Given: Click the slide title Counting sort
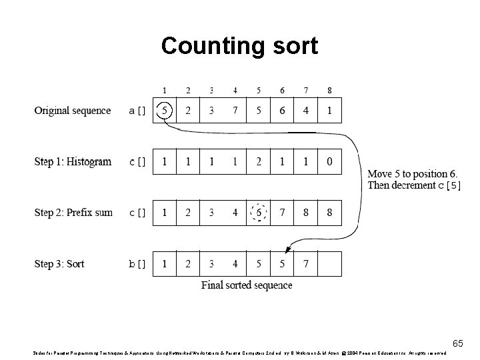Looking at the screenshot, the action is pyautogui.click(x=239, y=46).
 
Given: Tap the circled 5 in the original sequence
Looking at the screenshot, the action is pyautogui.click(x=165, y=110).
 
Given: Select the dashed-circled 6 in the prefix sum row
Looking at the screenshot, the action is pyautogui.click(x=259, y=213).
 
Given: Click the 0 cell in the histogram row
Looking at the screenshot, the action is pyautogui.click(x=329, y=161).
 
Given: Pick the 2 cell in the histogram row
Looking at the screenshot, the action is pyautogui.click(x=259, y=161).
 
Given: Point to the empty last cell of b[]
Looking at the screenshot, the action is pyautogui.click(x=329, y=264).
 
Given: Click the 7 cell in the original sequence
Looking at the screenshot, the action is pyautogui.click(x=235, y=110).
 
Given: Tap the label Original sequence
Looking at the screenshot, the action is pyautogui.click(x=73, y=110).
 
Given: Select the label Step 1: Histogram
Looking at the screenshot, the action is pyautogui.click(x=73, y=161).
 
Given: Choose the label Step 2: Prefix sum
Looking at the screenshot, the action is pyautogui.click(x=73, y=213).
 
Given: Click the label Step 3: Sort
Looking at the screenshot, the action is pyautogui.click(x=59, y=264).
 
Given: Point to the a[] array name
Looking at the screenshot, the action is pyautogui.click(x=137, y=111).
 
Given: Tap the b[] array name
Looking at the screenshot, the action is pyautogui.click(x=137, y=265).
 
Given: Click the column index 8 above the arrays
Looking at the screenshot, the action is pyautogui.click(x=329, y=91).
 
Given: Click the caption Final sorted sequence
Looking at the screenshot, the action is pyautogui.click(x=247, y=285).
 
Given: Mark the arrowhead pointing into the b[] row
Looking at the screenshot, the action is pyautogui.click(x=288, y=250).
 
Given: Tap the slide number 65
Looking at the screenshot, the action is pyautogui.click(x=457, y=343).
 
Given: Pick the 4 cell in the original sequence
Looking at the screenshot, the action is pyautogui.click(x=306, y=110).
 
